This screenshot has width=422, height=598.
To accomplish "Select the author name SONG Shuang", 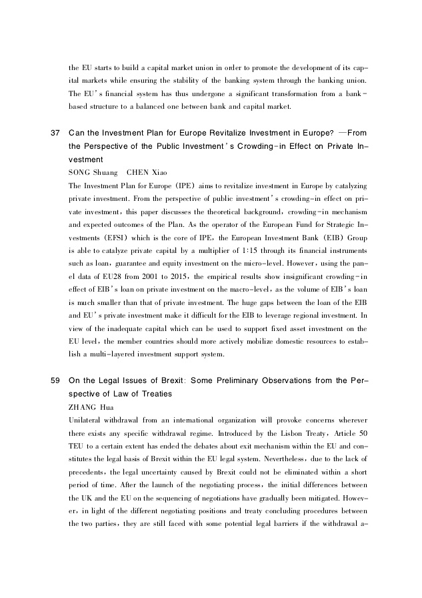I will pos(93,172).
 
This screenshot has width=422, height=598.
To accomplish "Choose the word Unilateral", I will pos(85,420).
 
